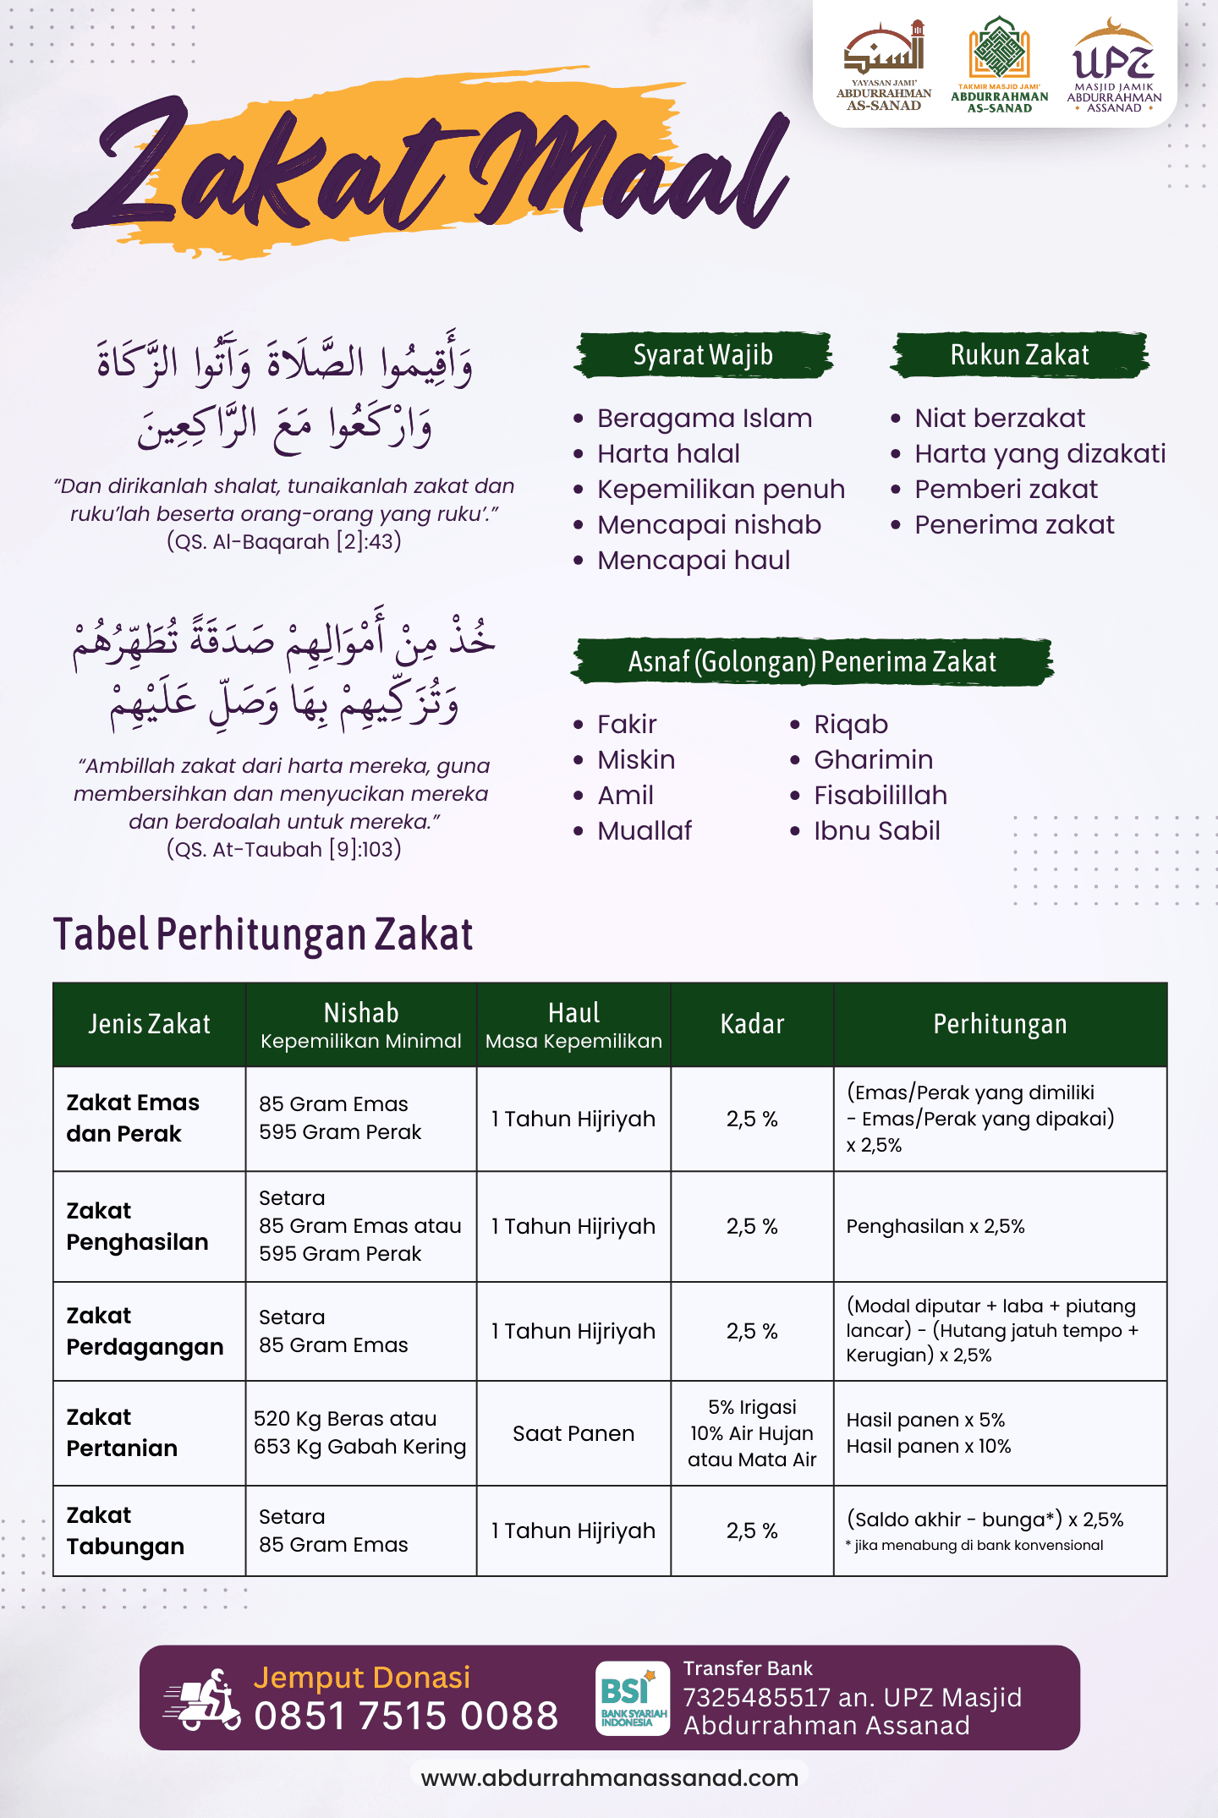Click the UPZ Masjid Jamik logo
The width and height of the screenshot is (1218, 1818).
(1114, 66)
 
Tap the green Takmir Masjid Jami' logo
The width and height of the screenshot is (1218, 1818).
(999, 65)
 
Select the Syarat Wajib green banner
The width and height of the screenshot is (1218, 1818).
(703, 355)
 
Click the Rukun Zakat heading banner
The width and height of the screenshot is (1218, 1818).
(1019, 355)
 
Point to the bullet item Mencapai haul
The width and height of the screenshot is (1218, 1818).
(694, 561)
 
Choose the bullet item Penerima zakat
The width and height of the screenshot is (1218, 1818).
(1014, 525)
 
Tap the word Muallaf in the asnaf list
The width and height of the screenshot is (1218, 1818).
(645, 831)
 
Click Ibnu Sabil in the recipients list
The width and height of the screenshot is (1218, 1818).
(876, 831)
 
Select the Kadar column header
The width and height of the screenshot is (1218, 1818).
(752, 1024)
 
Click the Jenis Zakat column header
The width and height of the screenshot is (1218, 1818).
(150, 1024)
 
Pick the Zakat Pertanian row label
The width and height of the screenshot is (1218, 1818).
(122, 1432)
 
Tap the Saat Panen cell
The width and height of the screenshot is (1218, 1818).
(573, 1433)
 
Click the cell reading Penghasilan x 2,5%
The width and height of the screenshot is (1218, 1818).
(935, 1226)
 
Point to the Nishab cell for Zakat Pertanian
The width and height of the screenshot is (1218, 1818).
(359, 1432)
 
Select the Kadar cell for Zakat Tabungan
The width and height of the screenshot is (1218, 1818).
(752, 1531)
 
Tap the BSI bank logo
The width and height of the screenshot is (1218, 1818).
(631, 1698)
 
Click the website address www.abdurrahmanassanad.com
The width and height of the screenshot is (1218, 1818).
(609, 1777)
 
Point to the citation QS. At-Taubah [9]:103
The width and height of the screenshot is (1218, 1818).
(283, 849)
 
